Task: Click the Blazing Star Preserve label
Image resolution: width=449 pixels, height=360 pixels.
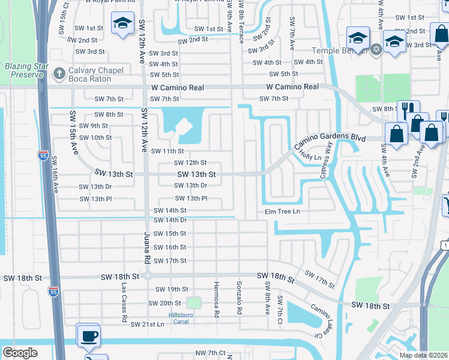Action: [x=24, y=70]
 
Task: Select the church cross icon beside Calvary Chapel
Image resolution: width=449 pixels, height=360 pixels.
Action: [x=58, y=74]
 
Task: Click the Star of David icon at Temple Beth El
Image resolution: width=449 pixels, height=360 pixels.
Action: [x=376, y=49]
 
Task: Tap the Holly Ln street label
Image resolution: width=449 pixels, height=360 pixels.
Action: [x=310, y=157]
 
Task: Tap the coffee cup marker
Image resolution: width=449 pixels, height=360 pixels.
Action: [x=89, y=335]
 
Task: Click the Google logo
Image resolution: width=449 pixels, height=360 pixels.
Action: [x=20, y=352]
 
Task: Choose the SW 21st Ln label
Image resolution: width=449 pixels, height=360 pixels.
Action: [x=146, y=325]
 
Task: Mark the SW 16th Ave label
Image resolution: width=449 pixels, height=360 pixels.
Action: [x=55, y=175]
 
